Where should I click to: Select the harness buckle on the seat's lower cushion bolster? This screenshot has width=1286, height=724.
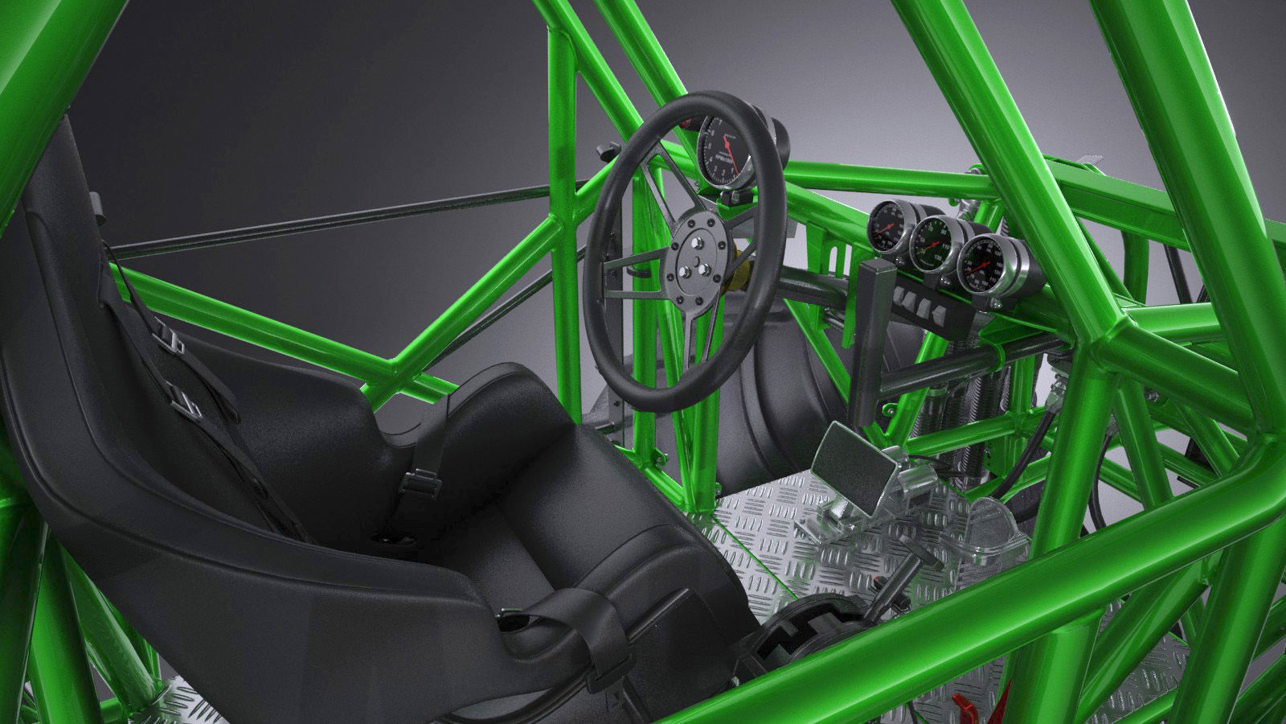coord(416,482)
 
